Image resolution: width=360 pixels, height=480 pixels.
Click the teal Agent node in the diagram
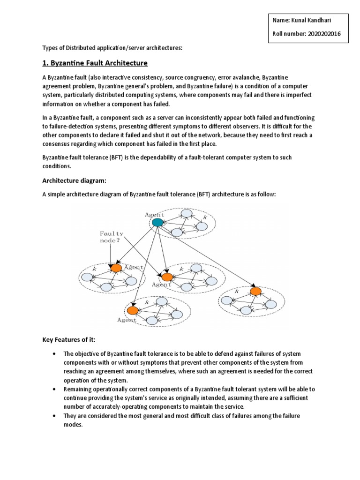pyautogui.click(x=157, y=222)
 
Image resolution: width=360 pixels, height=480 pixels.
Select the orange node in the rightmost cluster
pyautogui.click(x=255, y=292)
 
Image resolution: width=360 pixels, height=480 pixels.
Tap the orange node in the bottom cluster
pyautogui.click(x=133, y=310)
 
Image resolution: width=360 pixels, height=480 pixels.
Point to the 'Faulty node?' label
pyautogui.click(x=111, y=237)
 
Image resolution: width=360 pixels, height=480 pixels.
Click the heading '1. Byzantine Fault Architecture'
pyautogui.click(x=95, y=63)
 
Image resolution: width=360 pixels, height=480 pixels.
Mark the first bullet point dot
pyautogui.click(x=55, y=354)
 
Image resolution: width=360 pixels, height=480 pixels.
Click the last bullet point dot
pyautogui.click(x=55, y=416)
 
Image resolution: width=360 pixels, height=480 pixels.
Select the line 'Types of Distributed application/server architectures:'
pyautogui.click(x=112, y=48)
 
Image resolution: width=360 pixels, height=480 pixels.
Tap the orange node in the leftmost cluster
pyautogui.click(x=116, y=268)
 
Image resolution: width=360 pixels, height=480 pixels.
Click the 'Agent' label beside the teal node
pyautogui.click(x=154, y=214)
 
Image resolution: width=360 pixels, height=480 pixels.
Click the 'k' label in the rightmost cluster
pyautogui.click(x=237, y=292)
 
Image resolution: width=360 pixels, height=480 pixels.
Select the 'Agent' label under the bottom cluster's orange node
pyautogui.click(x=127, y=320)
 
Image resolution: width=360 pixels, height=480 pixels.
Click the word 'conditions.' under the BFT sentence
pyautogui.click(x=58, y=166)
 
